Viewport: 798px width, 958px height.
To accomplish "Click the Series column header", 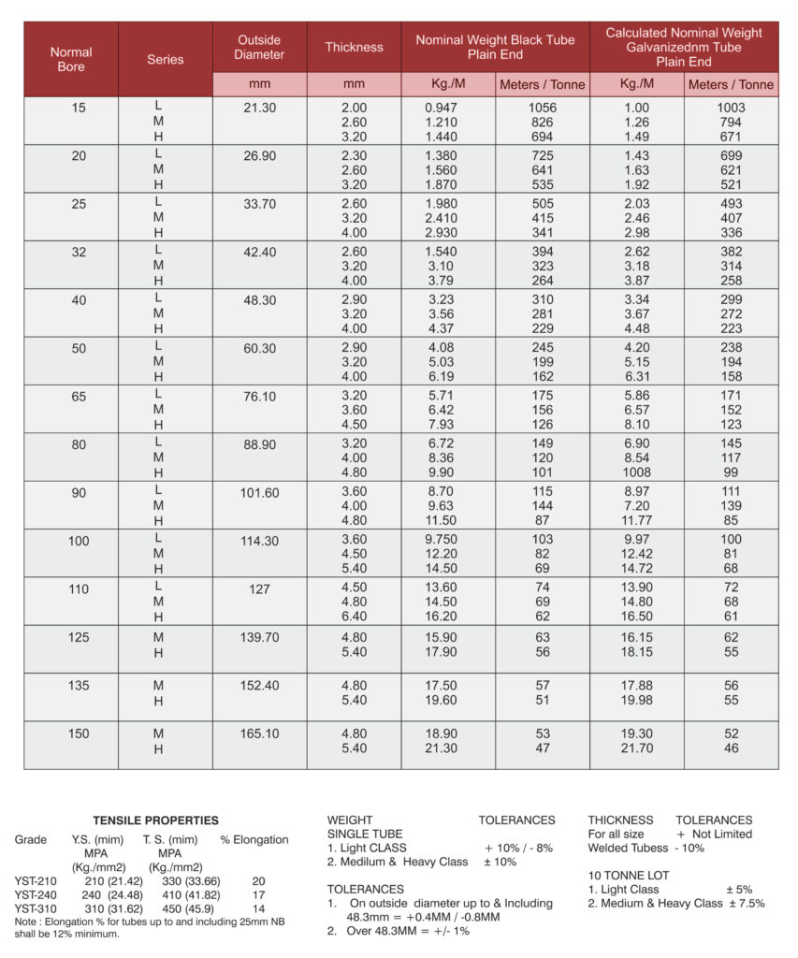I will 166,59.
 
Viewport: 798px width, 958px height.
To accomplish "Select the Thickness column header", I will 354,47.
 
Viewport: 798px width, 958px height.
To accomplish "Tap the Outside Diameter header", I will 259,47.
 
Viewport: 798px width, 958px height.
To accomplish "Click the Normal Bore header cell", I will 71,59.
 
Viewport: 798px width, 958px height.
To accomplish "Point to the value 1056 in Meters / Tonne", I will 543,108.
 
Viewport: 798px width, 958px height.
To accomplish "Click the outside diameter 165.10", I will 259,733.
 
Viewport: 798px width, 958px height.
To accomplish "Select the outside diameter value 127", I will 259,589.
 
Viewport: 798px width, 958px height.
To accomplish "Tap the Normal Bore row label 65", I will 79,397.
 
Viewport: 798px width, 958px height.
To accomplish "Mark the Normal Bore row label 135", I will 79,686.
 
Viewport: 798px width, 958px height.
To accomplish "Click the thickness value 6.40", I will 354,617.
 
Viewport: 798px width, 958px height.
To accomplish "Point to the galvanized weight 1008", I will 636,472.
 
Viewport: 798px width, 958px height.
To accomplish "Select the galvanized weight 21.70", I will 636,748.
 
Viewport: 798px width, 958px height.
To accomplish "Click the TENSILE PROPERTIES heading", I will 155,820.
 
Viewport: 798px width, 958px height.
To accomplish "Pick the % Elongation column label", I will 254,839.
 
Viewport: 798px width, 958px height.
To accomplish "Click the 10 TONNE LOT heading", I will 629,876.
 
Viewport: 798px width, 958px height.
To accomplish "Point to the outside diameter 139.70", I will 259,637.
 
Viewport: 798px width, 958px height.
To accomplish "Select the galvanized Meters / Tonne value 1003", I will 731,108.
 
